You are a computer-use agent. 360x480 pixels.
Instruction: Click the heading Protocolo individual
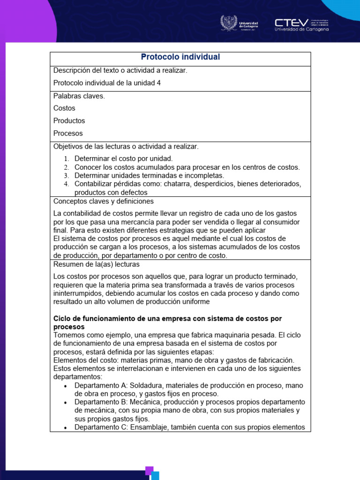pyautogui.click(x=180, y=57)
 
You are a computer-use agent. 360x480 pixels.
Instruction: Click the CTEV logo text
pyautogui.click(x=292, y=22)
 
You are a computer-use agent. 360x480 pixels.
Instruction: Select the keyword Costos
pyautogui.click(x=64, y=108)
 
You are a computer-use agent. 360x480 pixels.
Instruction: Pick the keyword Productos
pyautogui.click(x=69, y=121)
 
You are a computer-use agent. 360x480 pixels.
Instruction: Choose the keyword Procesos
pyautogui.click(x=68, y=133)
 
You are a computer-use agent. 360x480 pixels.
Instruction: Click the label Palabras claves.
pyautogui.click(x=79, y=96)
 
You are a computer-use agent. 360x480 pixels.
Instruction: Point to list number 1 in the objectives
pyautogui.click(x=66, y=159)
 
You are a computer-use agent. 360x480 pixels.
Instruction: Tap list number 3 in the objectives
pyautogui.click(x=66, y=176)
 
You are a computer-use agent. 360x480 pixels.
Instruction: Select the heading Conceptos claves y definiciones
pyautogui.click(x=104, y=201)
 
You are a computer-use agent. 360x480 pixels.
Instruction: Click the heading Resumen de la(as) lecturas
pyautogui.click(x=97, y=264)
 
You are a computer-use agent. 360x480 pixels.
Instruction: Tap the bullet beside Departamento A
pyautogui.click(x=65, y=386)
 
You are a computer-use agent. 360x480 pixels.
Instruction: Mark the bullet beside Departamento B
pyautogui.click(x=65, y=403)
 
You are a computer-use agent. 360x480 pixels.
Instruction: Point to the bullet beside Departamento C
pyautogui.click(x=65, y=427)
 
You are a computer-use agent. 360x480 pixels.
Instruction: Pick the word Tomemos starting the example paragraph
pyautogui.click(x=69, y=335)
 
